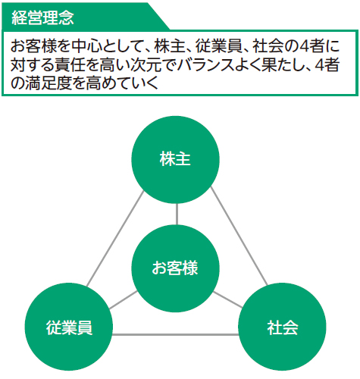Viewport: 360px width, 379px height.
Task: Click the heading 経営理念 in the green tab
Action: point(42,17)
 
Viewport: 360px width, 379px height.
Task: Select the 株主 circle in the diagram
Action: point(175,160)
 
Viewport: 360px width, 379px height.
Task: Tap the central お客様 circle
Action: point(175,268)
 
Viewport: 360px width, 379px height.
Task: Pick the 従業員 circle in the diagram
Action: point(69,327)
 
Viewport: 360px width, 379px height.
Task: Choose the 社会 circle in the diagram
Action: point(282,327)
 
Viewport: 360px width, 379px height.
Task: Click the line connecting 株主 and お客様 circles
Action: point(177,215)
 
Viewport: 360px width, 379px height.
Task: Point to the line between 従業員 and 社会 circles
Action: point(176,335)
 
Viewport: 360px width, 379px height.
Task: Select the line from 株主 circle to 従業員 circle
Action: point(115,239)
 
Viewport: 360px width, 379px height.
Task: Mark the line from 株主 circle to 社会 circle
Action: point(239,236)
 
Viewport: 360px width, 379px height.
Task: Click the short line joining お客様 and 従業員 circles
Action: point(124,300)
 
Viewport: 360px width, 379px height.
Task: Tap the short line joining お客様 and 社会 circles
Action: point(228,300)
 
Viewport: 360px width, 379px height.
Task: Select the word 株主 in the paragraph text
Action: point(169,46)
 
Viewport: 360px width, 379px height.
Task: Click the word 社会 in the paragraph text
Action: point(268,46)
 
